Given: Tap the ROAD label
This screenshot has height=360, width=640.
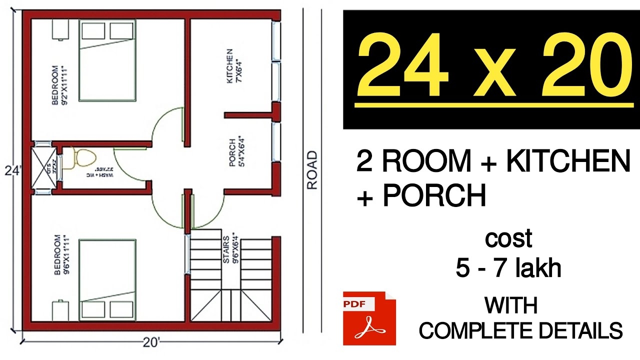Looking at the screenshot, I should coord(312,170).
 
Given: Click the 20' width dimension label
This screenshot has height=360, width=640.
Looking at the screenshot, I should coord(149,342).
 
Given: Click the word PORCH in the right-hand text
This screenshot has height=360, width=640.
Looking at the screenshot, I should coord(434,196).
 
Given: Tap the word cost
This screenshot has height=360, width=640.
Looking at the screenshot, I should coord(508,239).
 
